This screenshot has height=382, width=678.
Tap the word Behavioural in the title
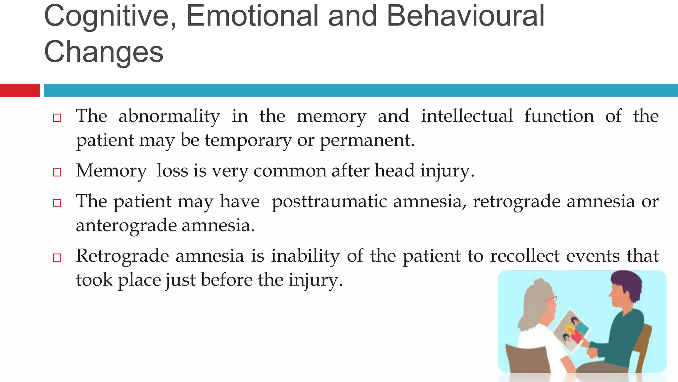click(x=465, y=17)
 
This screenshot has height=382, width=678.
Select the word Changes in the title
click(x=104, y=52)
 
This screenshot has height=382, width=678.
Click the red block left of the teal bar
click(x=20, y=90)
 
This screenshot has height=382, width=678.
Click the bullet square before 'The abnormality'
click(x=57, y=118)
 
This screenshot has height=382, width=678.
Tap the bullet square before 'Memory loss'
click(x=57, y=172)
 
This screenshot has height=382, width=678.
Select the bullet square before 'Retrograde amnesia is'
click(x=57, y=258)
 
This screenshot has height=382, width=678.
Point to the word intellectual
click(x=467, y=116)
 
